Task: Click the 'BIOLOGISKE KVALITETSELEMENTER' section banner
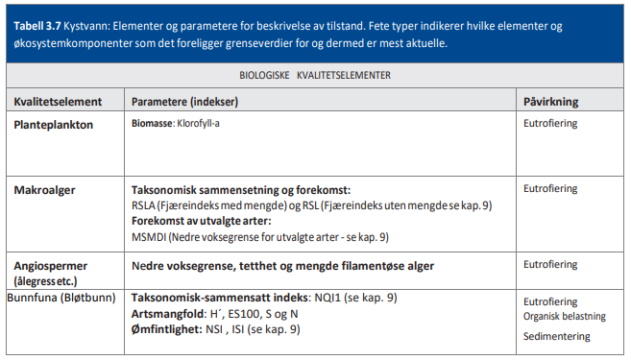(x=315, y=75)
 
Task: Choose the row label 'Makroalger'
(x=46, y=190)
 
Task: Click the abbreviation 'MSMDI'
(x=149, y=235)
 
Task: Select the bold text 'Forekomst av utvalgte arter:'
(x=202, y=220)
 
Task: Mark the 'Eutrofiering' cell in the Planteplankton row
(x=550, y=124)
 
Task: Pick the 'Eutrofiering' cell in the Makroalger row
(x=550, y=189)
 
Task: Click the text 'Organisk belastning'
(x=565, y=316)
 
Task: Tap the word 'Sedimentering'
(x=556, y=337)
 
